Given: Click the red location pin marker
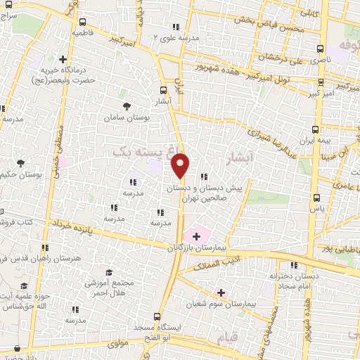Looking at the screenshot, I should pyautogui.click(x=181, y=165).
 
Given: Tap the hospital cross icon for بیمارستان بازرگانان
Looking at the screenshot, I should pyautogui.click(x=196, y=236).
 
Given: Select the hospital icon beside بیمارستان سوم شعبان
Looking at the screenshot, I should pyautogui.click(x=221, y=292).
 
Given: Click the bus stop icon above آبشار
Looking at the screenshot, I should pyautogui.click(x=164, y=89).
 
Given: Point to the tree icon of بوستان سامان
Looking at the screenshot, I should pyautogui.click(x=127, y=106).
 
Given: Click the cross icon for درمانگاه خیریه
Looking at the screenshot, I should pyautogui.click(x=63, y=59).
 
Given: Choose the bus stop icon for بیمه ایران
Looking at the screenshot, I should pyautogui.click(x=315, y=129).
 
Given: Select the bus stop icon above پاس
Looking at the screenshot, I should pyautogui.click(x=316, y=198).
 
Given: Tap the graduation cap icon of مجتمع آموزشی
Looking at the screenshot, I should pyautogui.click(x=108, y=272).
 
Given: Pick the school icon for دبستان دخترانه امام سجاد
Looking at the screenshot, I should pyautogui.click(x=294, y=265).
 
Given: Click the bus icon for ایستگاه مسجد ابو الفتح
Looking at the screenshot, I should pyautogui.click(x=158, y=317).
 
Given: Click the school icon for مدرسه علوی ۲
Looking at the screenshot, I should pyautogui.click(x=175, y=27).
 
